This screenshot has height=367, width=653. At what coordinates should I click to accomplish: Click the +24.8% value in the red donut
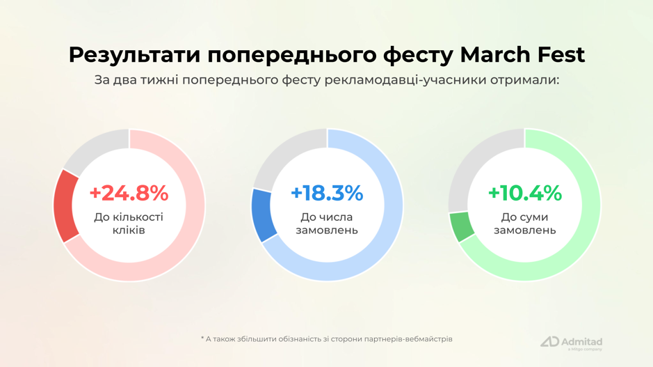pyautogui.click(x=129, y=193)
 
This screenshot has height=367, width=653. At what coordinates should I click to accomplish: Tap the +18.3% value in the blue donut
pyautogui.click(x=327, y=193)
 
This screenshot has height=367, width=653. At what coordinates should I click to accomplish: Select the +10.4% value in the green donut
pyautogui.click(x=524, y=193)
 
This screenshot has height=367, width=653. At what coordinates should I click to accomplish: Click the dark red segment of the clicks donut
pyautogui.click(x=66, y=205)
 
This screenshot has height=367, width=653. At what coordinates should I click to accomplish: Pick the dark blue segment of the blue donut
pyautogui.click(x=264, y=214)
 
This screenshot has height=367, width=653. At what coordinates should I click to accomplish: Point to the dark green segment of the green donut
pyautogui.click(x=462, y=226)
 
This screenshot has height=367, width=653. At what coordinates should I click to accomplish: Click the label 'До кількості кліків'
pyautogui.click(x=129, y=224)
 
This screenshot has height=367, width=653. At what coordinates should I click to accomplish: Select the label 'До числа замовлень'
pyautogui.click(x=327, y=224)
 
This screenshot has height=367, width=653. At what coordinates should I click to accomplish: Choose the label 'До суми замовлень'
pyautogui.click(x=524, y=224)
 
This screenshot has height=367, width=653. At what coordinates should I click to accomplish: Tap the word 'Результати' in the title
pyautogui.click(x=132, y=54)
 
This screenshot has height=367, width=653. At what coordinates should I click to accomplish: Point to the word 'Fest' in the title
pyautogui.click(x=561, y=54)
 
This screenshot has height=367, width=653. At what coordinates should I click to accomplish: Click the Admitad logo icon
pyautogui.click(x=549, y=342)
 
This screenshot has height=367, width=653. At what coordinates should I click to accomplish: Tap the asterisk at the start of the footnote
pyautogui.click(x=202, y=338)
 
